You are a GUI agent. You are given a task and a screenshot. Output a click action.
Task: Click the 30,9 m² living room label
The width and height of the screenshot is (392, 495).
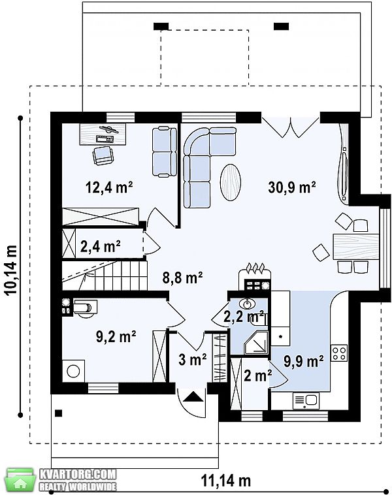[292, 187]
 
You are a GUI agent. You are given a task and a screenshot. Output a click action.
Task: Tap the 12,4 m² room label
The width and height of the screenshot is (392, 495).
[109, 187]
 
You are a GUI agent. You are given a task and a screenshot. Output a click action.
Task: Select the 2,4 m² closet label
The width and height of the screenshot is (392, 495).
[100, 246]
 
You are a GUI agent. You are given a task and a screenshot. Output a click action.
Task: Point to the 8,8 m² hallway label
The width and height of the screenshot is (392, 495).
[182, 278]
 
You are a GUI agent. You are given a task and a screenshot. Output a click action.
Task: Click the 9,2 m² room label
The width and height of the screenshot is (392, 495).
[116, 336]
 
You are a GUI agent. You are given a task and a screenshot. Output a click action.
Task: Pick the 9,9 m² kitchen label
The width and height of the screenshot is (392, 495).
[303, 361]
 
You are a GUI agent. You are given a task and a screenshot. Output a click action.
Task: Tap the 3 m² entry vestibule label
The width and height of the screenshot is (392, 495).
[192, 359]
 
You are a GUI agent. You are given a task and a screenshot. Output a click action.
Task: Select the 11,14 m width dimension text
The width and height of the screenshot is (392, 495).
[226, 481]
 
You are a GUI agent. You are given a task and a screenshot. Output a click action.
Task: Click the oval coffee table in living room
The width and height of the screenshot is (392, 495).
[231, 182]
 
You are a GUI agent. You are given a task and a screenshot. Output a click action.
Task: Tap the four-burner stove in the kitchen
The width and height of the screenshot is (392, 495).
[339, 353]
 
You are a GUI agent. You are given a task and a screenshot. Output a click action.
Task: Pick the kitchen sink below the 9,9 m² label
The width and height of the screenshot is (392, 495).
[306, 400]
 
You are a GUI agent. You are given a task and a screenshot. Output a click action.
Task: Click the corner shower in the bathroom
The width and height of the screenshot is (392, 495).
[256, 342]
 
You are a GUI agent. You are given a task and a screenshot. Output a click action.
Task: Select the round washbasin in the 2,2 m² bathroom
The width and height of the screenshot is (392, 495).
[248, 304]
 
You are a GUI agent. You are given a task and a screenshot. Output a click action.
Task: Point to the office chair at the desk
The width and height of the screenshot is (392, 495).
[103, 155]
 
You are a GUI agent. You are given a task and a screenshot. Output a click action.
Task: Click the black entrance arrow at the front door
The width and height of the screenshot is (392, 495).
[193, 396]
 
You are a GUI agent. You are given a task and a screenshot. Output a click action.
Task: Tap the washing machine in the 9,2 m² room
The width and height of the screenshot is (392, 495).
[73, 371]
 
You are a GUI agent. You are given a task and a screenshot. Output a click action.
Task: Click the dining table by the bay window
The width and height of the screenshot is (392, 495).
[355, 247]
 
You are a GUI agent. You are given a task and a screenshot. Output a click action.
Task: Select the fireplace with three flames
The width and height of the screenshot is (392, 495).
[254, 276]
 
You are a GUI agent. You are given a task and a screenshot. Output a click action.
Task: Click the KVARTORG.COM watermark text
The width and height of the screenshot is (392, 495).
[78, 474]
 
